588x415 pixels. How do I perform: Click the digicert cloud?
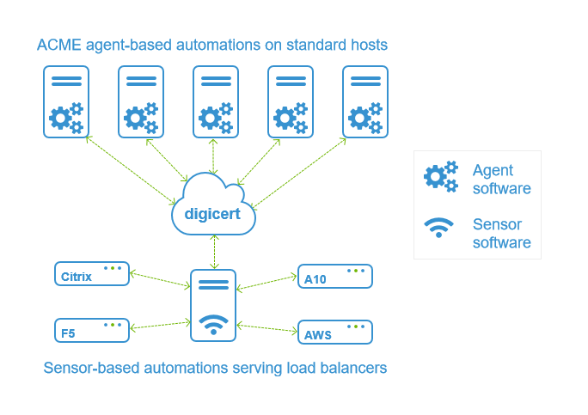coord(213,207)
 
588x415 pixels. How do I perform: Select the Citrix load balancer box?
coord(91,274)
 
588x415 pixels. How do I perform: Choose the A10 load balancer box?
coord(334,276)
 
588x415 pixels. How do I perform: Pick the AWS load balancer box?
coord(334,332)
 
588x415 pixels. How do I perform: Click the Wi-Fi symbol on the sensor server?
coord(213,325)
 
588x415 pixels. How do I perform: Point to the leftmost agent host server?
coord(66,101)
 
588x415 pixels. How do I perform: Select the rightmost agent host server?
coord(365,101)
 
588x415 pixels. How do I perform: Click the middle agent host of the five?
coord(216,101)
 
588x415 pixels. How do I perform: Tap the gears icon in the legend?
coord(441,177)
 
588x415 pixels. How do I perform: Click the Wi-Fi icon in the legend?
coord(438,229)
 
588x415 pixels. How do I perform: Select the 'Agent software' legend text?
coord(501,180)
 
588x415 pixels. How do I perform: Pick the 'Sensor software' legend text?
coord(501,234)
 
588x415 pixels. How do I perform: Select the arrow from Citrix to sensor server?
coord(159,279)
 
